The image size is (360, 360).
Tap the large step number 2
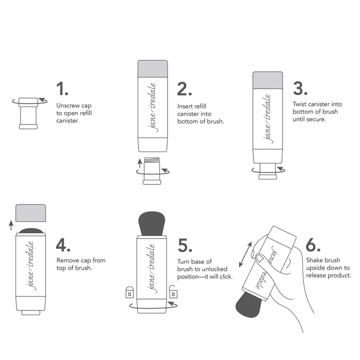[184, 89]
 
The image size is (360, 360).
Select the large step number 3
[300, 88]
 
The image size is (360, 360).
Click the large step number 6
[313, 245]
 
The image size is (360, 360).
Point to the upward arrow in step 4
[10, 225]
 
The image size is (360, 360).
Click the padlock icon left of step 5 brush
[129, 291]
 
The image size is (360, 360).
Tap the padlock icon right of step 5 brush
[173, 291]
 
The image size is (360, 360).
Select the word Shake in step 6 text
[314, 260]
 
